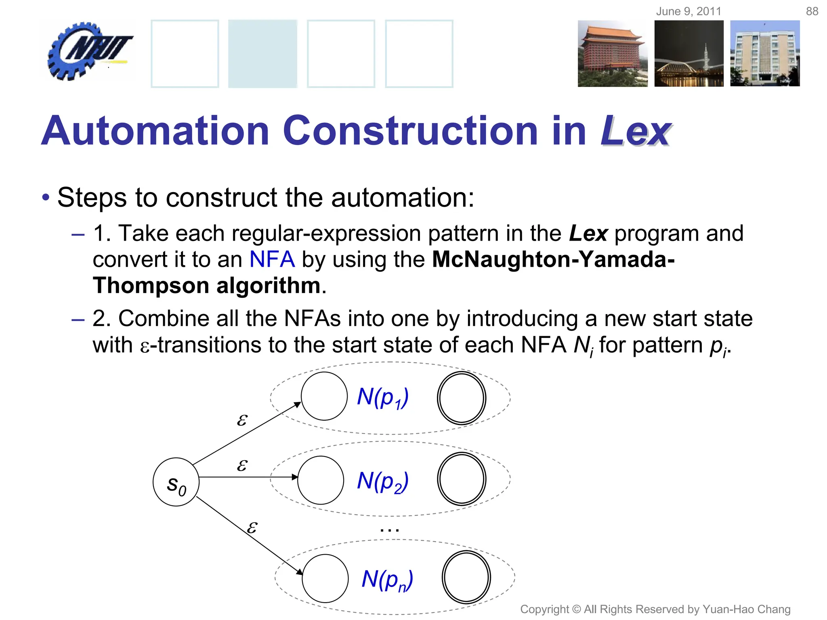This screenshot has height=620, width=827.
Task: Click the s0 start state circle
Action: pos(176,482)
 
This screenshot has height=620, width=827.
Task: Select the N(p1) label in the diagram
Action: pos(383,397)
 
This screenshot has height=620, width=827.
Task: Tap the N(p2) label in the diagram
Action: pos(383,481)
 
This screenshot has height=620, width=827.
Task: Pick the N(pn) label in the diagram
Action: pos(387,580)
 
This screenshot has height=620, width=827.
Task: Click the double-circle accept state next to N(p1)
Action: pos(462,398)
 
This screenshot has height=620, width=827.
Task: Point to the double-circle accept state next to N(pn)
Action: pos(466,577)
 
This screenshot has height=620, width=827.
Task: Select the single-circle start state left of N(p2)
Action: pos(321,480)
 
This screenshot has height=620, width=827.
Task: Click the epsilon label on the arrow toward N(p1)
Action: pos(241,420)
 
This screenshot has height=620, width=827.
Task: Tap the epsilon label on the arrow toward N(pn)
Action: pos(252,527)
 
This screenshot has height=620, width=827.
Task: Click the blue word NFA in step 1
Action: pos(272,259)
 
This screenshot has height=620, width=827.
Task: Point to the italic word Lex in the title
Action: pos(635,131)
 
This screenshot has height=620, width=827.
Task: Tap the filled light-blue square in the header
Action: pos(262,53)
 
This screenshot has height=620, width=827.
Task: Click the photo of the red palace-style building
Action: pos(612,53)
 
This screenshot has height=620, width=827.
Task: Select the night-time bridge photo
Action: pos(689,53)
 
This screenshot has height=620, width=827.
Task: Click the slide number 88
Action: pos(812,11)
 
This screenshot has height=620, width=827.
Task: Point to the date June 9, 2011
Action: pos(688,11)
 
